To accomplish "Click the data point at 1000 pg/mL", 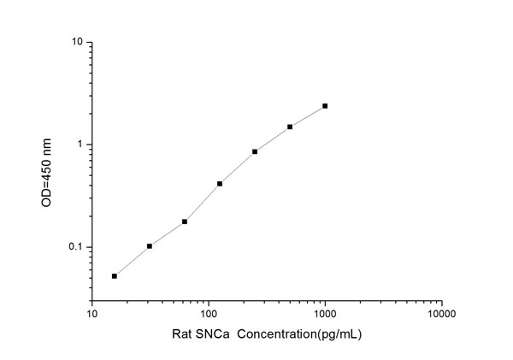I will tap(325, 106).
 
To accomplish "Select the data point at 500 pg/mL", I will tap(290, 127).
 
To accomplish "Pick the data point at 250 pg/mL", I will tap(255, 151).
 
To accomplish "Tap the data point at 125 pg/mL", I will tap(220, 184).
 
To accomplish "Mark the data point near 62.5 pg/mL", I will tap(185, 221).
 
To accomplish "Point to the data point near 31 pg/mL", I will tap(150, 246).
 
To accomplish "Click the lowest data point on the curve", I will tap(115, 275).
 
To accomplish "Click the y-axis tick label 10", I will tap(77, 42).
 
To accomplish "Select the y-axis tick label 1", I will tap(80, 145).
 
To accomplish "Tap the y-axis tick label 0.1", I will tap(75, 248).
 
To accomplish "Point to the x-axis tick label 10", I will tap(92, 313).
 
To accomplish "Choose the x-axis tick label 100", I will tap(209, 313).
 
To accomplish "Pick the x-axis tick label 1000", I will tap(325, 313).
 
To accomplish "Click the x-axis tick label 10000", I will tap(441, 313).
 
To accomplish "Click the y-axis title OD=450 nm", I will tap(49, 171).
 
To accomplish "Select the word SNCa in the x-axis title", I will tap(210, 333).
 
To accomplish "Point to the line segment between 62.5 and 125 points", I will tap(203, 203).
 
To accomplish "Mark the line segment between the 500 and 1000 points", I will tap(308, 116).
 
